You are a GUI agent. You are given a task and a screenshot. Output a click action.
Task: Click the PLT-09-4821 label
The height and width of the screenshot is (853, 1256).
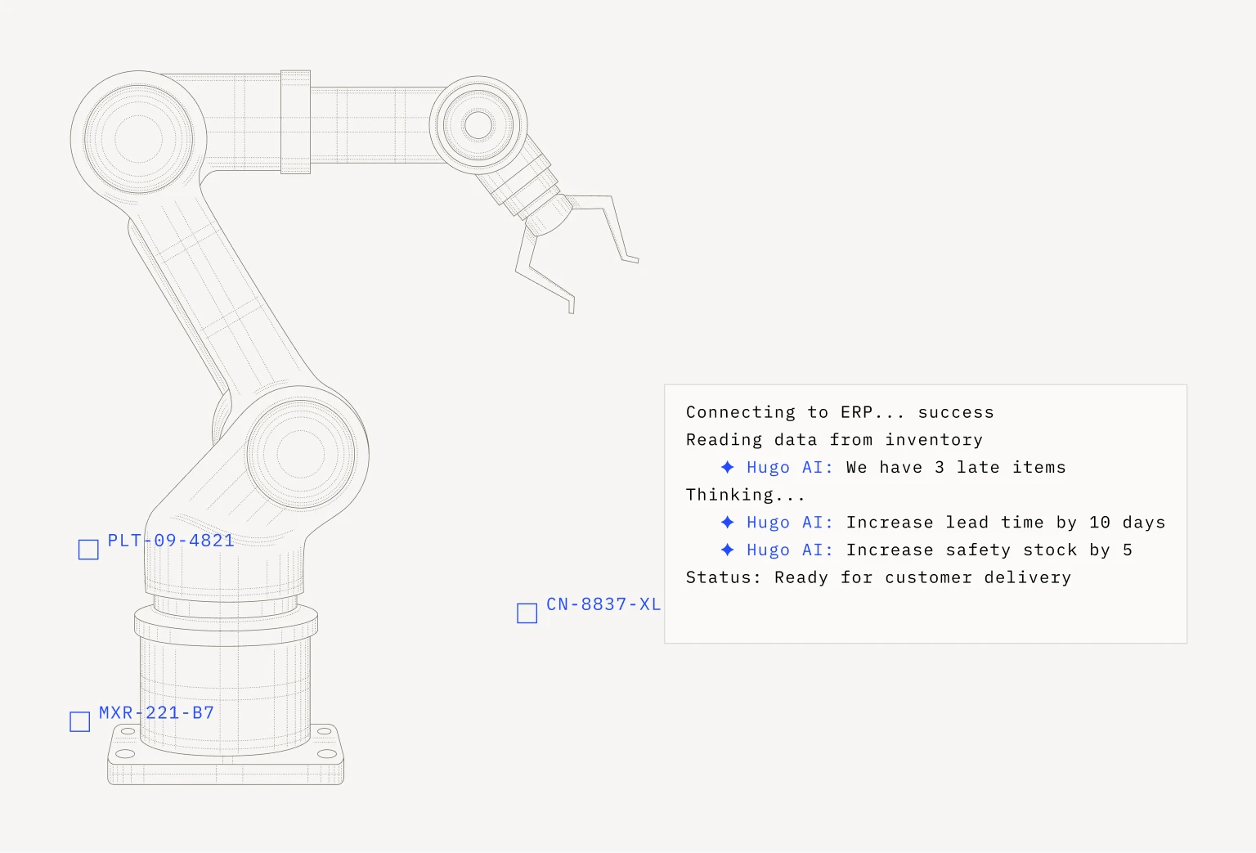point(170,541)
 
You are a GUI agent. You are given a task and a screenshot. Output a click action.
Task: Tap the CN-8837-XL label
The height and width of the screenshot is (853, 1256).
point(603,604)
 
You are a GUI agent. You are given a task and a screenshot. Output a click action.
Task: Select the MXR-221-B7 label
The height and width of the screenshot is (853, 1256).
point(156,713)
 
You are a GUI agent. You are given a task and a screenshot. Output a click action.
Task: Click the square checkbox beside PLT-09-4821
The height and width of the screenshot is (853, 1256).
point(88,550)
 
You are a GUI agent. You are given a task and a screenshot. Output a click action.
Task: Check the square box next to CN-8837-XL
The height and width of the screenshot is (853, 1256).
point(527,613)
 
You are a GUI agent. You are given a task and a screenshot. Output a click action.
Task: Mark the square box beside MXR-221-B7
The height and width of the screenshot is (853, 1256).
point(79,722)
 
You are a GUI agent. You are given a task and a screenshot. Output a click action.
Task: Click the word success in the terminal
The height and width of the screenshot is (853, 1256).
point(955,412)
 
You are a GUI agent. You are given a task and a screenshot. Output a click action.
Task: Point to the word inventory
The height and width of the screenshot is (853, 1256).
point(934,440)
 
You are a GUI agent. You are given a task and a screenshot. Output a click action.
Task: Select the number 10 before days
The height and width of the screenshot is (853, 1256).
point(1100,522)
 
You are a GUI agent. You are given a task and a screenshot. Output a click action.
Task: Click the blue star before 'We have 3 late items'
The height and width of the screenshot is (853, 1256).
point(727,467)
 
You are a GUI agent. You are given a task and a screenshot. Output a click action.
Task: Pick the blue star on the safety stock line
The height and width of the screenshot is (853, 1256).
point(727,550)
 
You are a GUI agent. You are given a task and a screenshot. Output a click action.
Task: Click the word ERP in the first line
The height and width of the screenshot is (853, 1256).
point(856,412)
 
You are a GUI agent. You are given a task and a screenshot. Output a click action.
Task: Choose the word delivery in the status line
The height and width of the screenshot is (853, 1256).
point(1027,577)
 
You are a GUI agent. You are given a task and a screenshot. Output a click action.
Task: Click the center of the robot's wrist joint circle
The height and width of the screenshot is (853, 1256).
point(478,125)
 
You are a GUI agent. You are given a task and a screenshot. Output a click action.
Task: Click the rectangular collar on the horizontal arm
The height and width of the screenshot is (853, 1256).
point(295,122)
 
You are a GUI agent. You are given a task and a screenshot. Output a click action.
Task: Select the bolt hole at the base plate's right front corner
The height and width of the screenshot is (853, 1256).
point(327,754)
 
